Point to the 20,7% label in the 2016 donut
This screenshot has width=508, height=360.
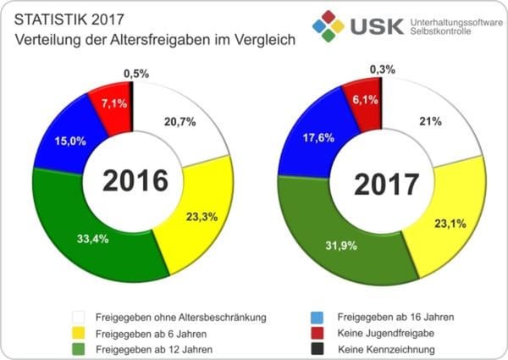[x=181, y=122]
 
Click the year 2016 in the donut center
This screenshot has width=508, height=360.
[x=137, y=180]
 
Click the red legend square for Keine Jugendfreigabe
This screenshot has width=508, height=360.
[x=315, y=333]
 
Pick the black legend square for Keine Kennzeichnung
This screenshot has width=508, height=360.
[x=315, y=349]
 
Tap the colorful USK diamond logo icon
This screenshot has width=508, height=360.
[x=328, y=25]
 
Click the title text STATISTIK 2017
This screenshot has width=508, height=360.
[x=65, y=19]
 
